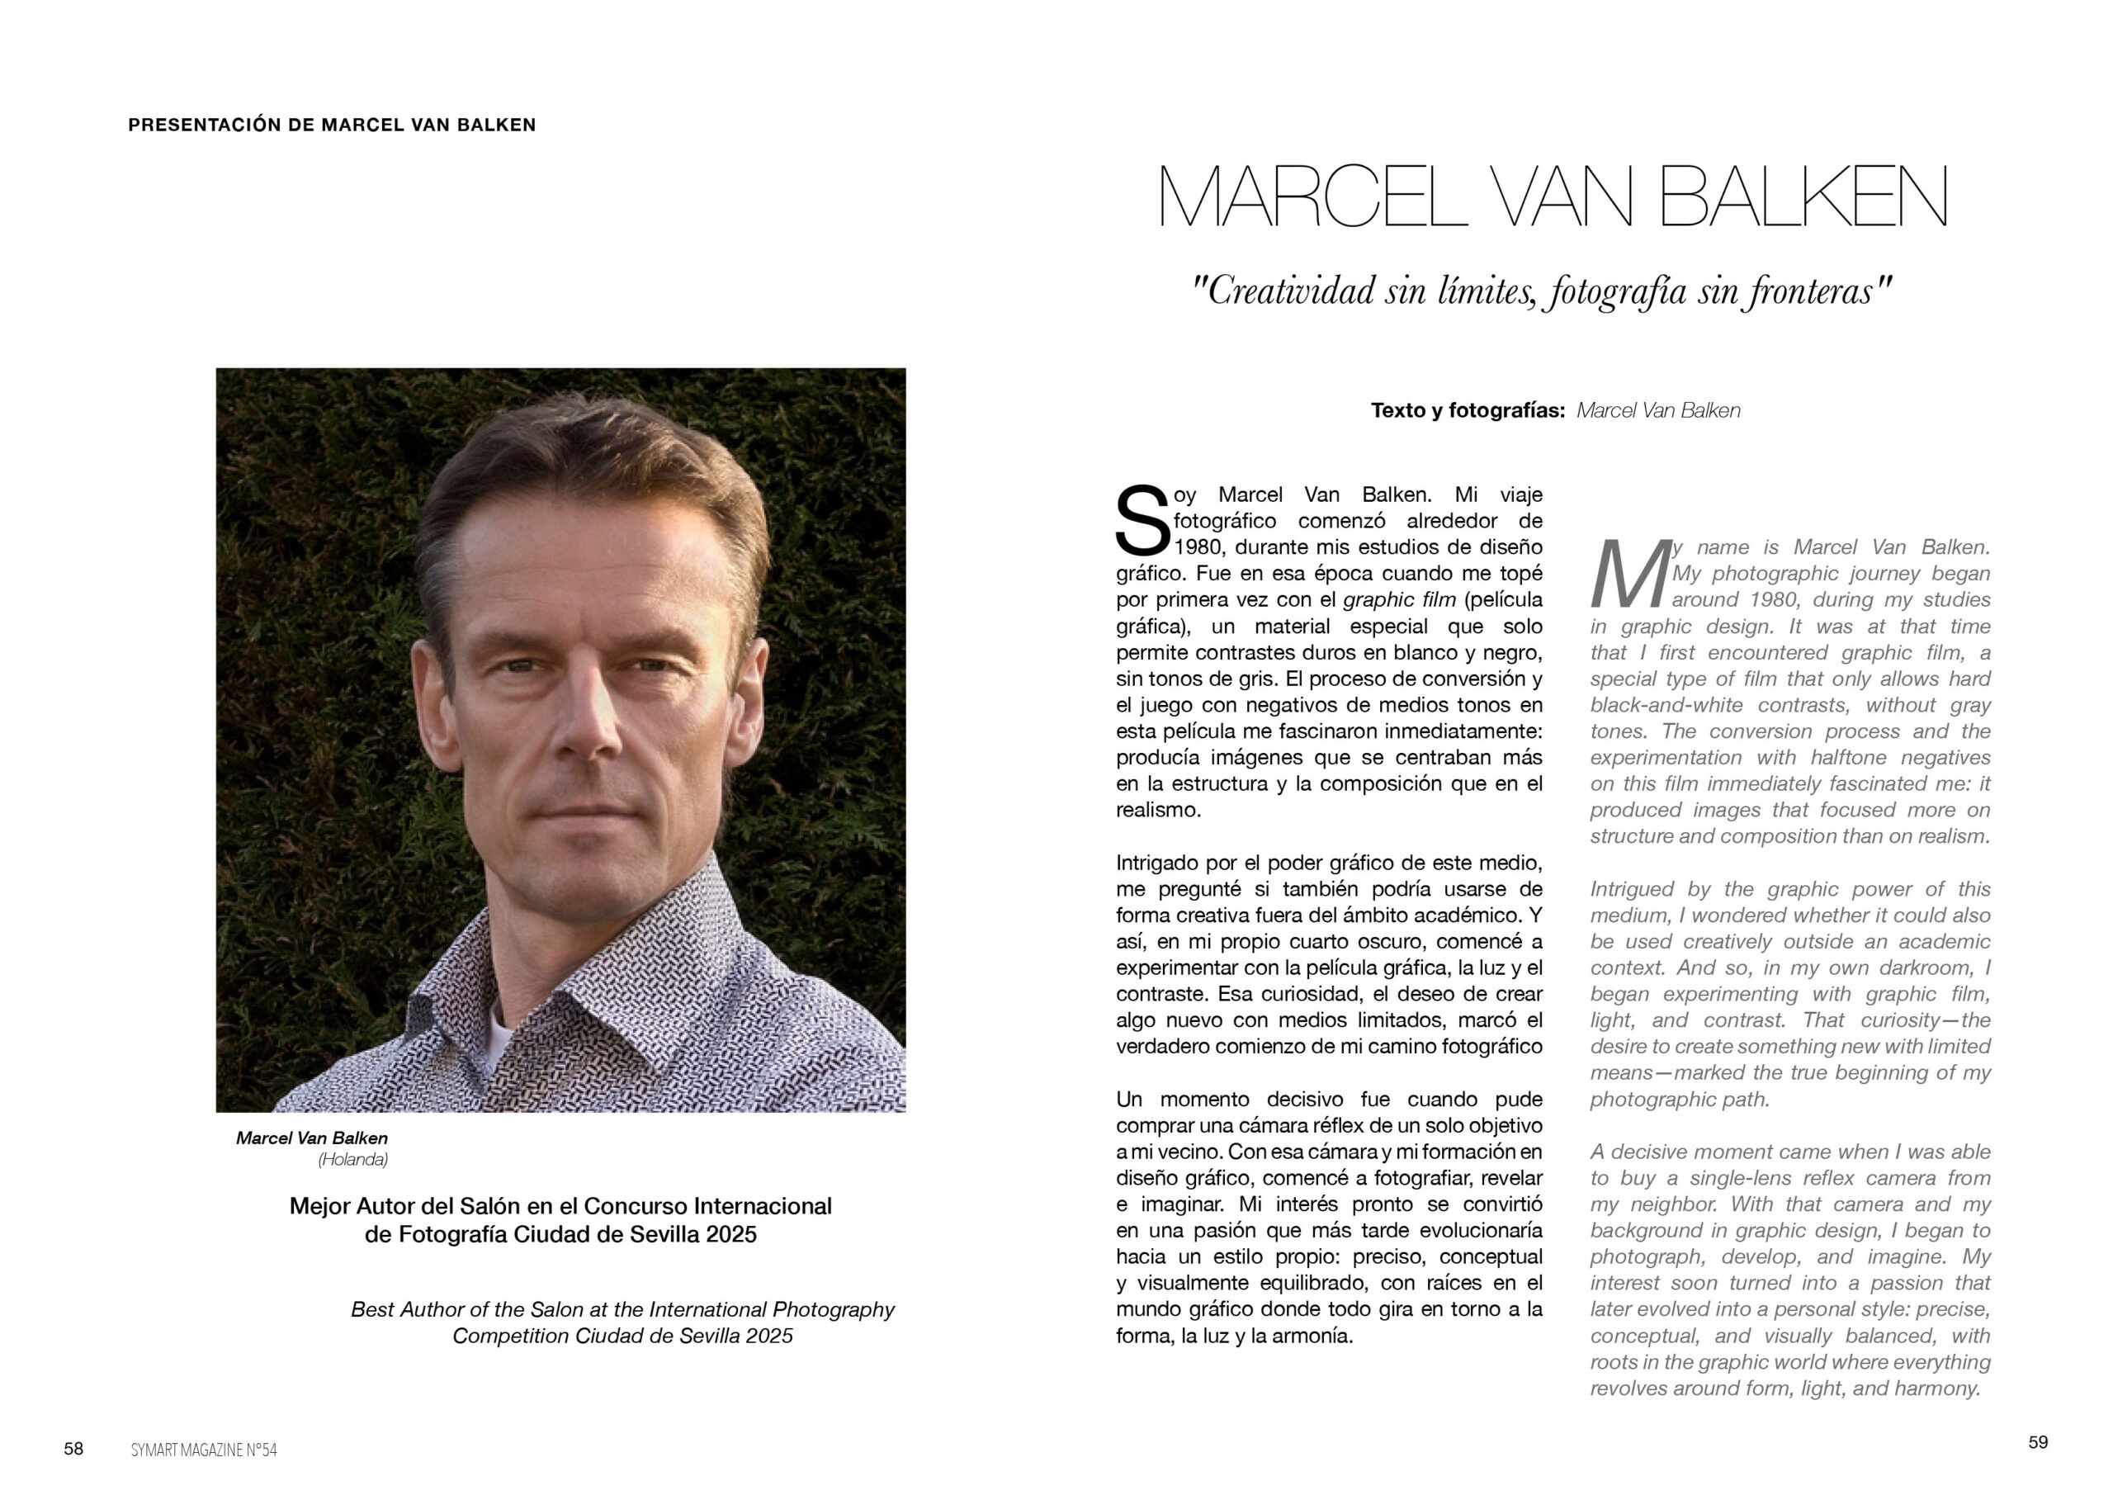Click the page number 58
(73, 1448)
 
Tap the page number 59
(2038, 1441)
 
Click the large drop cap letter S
(1142, 521)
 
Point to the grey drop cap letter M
(1630, 575)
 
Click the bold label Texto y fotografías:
(1467, 410)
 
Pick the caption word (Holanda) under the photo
(352, 1160)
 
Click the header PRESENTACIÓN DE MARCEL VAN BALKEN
(331, 125)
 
